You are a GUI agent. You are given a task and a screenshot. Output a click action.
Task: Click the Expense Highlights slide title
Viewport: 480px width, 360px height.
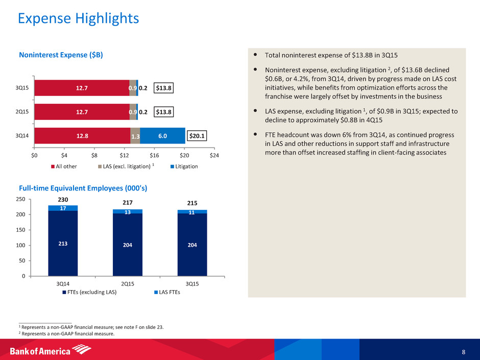point(78,19)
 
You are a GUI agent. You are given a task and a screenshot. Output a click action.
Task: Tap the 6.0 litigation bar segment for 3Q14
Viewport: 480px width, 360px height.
point(162,135)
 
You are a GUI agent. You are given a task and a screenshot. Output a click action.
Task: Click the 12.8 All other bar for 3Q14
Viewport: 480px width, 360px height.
point(82,135)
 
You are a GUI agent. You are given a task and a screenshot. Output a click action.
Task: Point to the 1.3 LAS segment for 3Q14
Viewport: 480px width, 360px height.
point(135,136)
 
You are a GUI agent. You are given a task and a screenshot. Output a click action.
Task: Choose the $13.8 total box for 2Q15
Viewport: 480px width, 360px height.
point(164,111)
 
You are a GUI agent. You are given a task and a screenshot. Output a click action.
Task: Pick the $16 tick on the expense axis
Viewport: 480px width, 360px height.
point(155,155)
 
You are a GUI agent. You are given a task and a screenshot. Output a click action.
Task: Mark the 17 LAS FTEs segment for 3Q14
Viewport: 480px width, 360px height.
point(62,208)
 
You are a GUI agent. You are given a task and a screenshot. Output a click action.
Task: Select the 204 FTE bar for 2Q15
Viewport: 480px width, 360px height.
point(128,245)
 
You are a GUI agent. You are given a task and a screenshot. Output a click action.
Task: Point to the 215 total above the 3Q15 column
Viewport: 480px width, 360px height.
point(193,203)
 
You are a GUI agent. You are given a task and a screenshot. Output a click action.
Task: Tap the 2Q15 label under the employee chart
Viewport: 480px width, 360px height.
point(128,283)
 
